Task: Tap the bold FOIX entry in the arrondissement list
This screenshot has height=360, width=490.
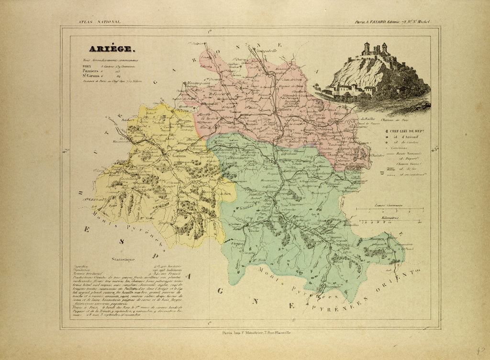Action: click(x=88, y=67)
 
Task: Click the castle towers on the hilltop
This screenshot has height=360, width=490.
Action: click(x=374, y=48)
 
